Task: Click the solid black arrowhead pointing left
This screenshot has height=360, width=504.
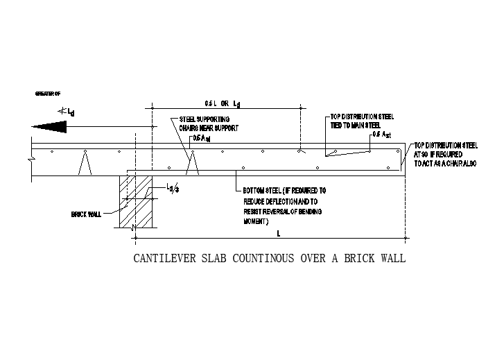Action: tap(49, 126)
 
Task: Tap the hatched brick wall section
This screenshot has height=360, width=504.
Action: tap(136, 201)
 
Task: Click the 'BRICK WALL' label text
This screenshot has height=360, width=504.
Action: tap(86, 214)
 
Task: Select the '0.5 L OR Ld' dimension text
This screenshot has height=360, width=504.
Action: tap(222, 103)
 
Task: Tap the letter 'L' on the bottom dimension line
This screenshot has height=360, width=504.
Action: tap(279, 234)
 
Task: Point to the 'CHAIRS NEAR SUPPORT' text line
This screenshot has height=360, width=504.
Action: tap(209, 128)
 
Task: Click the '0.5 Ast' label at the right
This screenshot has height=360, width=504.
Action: tap(382, 134)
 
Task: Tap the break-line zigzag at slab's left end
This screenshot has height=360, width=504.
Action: tap(33, 160)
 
